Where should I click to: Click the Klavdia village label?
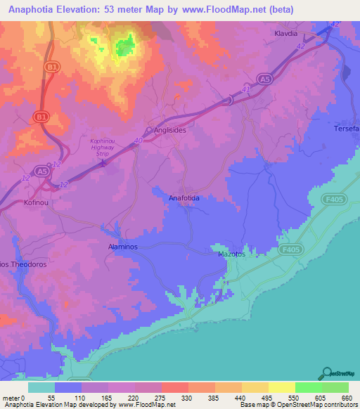[288, 33]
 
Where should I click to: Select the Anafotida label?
[184, 199]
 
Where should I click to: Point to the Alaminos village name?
[122, 248]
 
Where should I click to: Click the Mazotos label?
[231, 254]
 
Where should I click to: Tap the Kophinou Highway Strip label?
[105, 145]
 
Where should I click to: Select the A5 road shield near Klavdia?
[264, 79]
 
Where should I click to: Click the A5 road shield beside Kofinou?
[41, 170]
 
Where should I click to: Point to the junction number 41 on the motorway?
[245, 90]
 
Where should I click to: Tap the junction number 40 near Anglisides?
[138, 141]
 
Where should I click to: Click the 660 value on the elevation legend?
[347, 398]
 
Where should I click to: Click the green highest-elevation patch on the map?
[125, 47]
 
